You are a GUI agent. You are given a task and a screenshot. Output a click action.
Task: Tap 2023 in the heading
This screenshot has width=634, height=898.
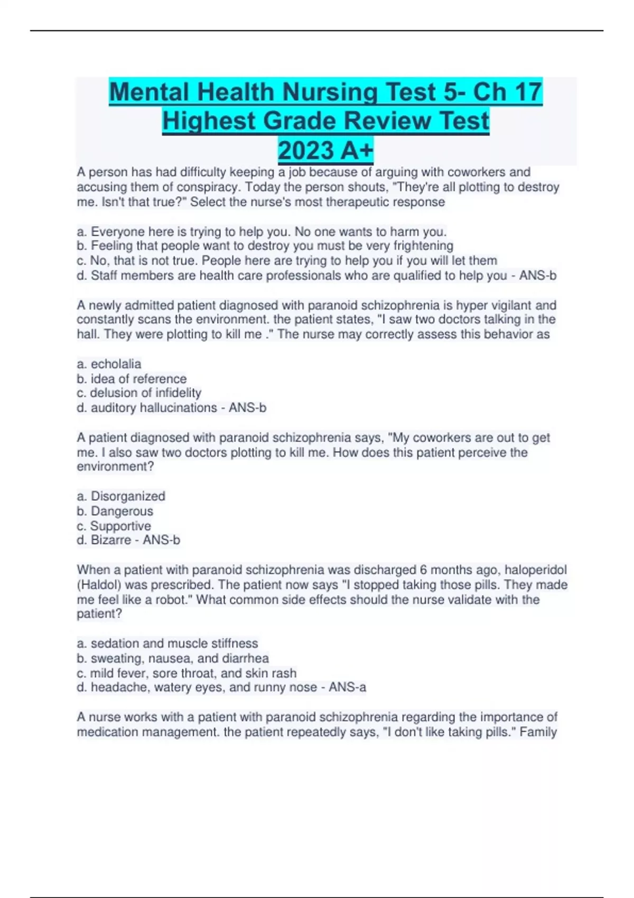[305, 151]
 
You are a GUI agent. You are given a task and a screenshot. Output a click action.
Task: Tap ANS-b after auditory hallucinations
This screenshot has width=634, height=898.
[247, 408]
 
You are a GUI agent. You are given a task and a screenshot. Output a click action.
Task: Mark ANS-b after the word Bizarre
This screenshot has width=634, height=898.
[161, 540]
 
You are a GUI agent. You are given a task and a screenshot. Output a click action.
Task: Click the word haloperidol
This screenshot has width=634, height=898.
[535, 570]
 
